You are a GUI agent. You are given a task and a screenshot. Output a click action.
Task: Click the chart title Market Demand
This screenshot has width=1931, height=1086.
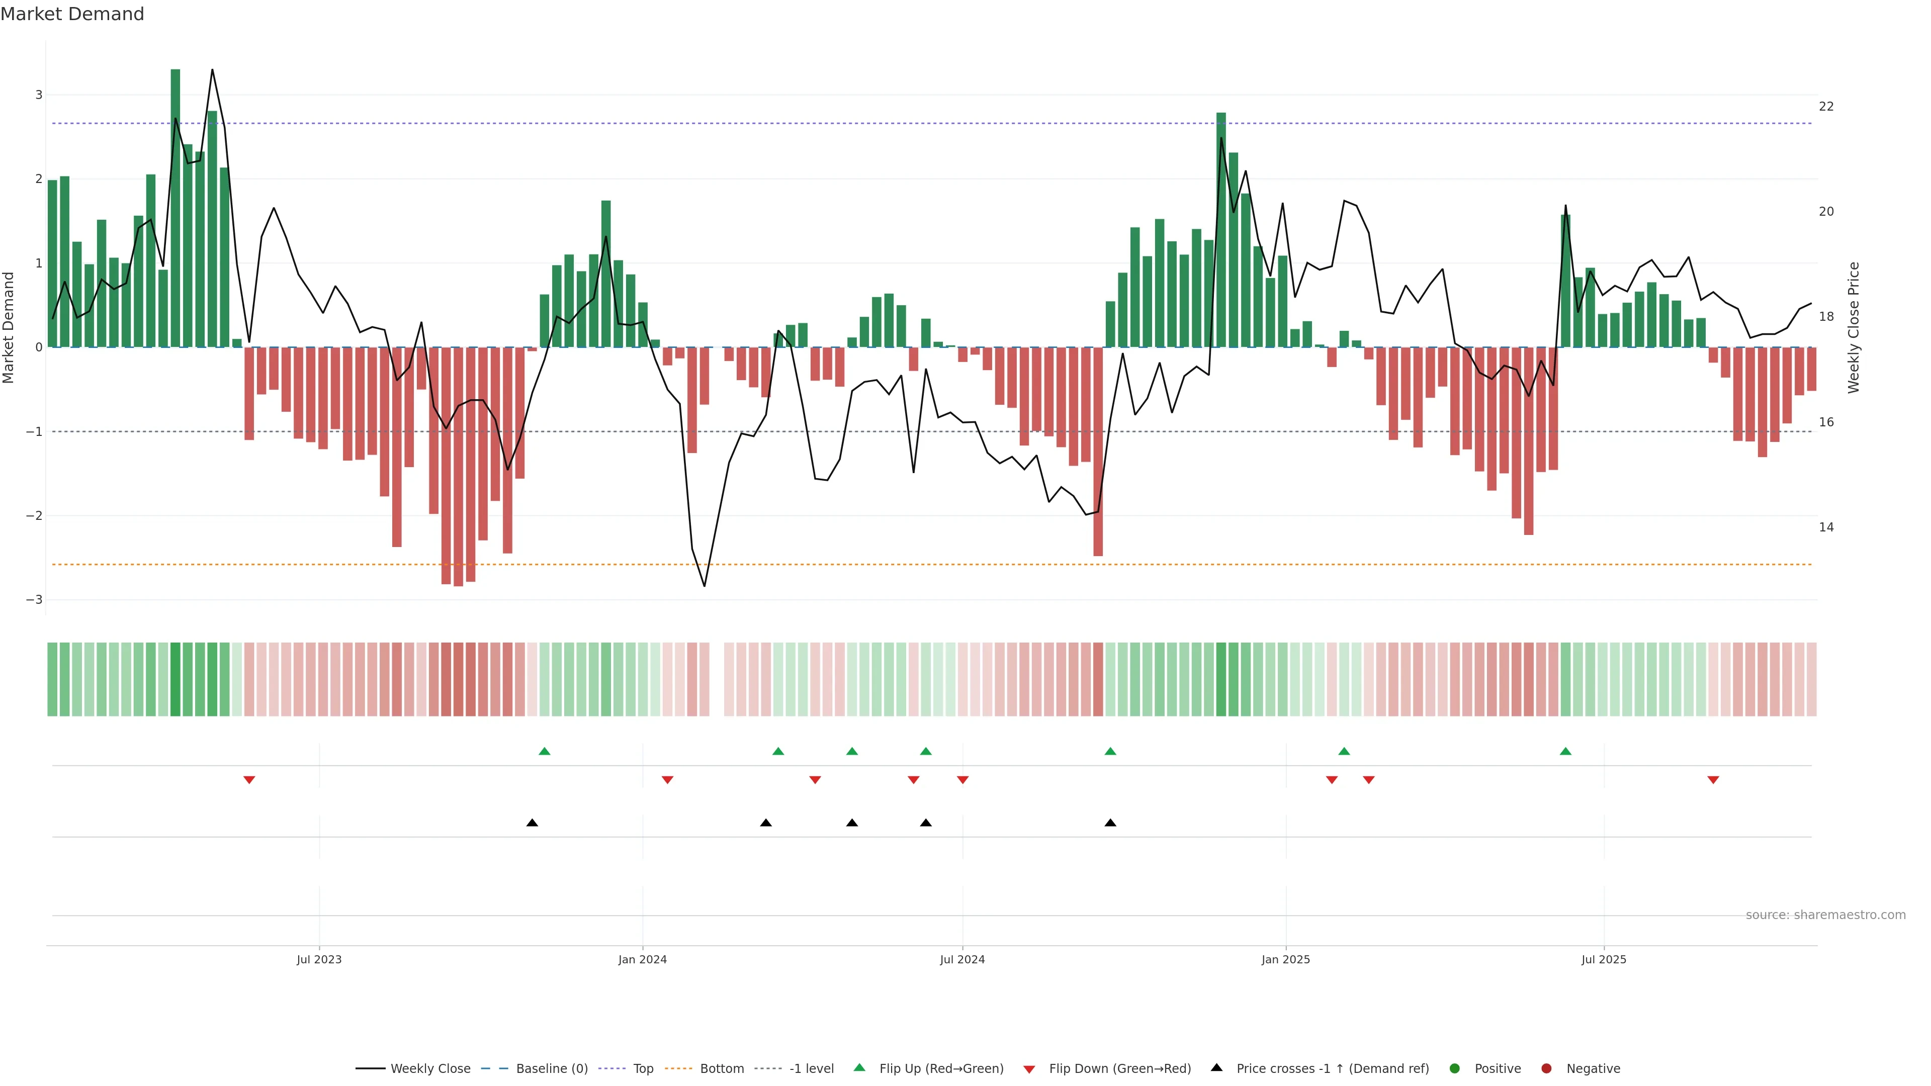(x=72, y=14)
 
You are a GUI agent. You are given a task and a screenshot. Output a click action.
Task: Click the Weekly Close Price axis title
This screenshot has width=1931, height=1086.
(x=1853, y=327)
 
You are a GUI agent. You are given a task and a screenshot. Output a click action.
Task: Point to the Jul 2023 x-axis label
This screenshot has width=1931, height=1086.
(x=319, y=959)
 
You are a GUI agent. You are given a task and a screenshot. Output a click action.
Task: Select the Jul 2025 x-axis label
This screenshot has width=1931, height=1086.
(x=1604, y=959)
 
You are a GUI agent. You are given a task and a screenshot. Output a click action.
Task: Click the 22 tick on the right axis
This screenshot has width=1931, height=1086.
(x=1826, y=107)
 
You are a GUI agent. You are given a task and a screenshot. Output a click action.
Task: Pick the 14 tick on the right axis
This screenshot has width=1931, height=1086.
(x=1826, y=527)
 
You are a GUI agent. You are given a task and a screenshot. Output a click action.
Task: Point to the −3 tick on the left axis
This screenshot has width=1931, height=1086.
(x=34, y=600)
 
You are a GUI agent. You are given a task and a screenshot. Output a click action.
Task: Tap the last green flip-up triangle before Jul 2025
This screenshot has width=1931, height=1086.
(x=1565, y=751)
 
